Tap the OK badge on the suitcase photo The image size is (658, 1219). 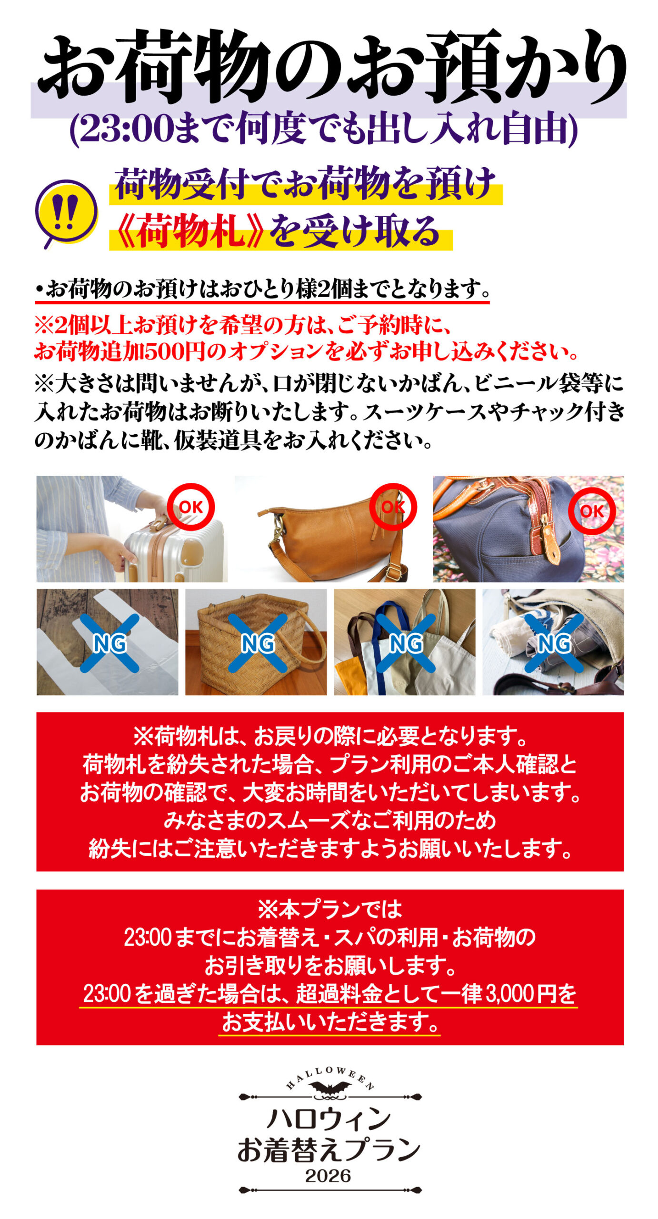(190, 507)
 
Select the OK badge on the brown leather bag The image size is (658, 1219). (393, 507)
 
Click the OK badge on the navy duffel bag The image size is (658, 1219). (592, 511)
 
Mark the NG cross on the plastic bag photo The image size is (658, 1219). (110, 643)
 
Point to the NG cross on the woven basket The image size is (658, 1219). (258, 643)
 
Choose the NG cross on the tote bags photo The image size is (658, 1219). (406, 643)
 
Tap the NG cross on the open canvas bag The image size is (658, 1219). (554, 643)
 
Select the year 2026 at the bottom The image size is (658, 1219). (328, 1176)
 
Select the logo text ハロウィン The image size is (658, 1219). (329, 1119)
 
